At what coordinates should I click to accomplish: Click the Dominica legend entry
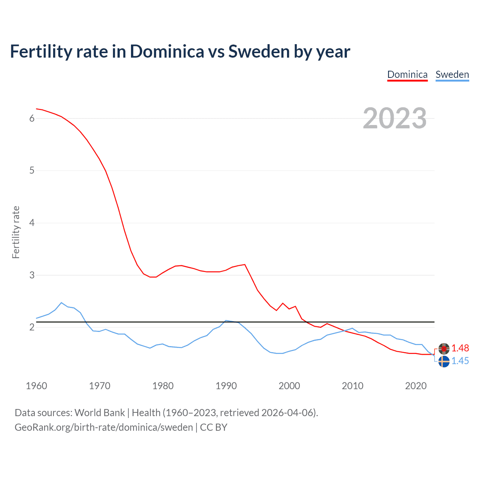click(407, 74)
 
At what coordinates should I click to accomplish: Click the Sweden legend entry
click(452, 74)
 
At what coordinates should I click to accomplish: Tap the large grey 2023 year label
click(394, 118)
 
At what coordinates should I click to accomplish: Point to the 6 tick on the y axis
click(32, 118)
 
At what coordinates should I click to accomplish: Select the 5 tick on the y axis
click(32, 171)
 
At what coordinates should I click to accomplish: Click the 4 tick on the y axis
click(32, 223)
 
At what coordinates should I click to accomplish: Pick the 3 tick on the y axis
click(32, 275)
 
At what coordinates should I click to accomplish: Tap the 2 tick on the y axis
click(32, 327)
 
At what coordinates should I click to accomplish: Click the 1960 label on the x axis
click(36, 386)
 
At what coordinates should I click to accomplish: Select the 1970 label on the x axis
click(100, 386)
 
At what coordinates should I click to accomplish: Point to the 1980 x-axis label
click(163, 386)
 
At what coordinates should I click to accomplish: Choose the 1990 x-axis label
click(226, 386)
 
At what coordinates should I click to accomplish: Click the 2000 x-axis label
click(289, 386)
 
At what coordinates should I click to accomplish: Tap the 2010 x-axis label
click(353, 386)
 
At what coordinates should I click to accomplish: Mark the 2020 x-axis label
click(416, 386)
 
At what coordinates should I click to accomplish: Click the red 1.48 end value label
click(460, 348)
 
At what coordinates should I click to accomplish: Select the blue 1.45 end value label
click(460, 361)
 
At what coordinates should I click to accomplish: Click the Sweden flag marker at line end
click(444, 361)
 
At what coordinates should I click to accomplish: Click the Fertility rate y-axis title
click(16, 232)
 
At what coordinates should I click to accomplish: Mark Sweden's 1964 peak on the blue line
click(61, 302)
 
